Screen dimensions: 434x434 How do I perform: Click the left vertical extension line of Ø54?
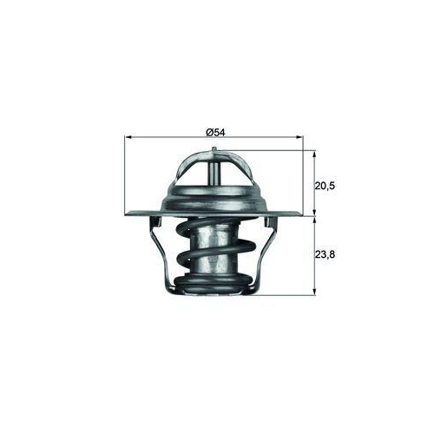click(127, 174)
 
